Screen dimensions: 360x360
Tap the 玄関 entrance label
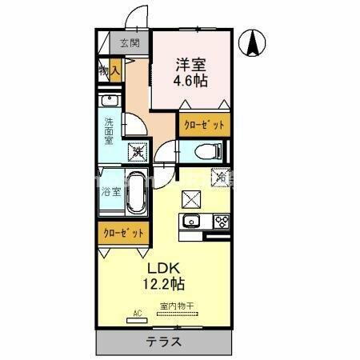click(x=129, y=44)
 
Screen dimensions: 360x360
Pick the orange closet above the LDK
click(x=123, y=233)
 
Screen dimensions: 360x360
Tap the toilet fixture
click(x=210, y=150)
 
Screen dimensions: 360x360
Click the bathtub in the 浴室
click(x=135, y=192)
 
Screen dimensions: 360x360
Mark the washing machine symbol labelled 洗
click(x=137, y=149)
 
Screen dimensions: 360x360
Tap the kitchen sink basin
click(x=192, y=221)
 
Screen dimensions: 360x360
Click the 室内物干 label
click(x=179, y=306)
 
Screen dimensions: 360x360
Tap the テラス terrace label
click(x=163, y=341)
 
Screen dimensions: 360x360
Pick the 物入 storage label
click(x=109, y=71)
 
